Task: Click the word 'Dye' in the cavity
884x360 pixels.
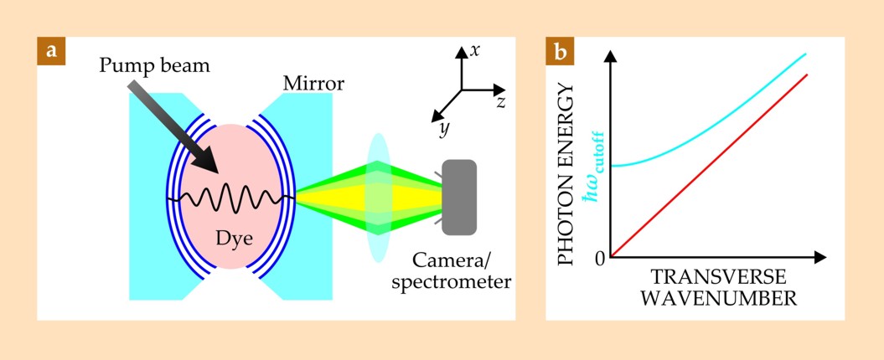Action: (x=236, y=236)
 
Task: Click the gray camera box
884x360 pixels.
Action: (x=459, y=197)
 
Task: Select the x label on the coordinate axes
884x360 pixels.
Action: (x=475, y=50)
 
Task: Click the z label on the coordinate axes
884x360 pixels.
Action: (x=500, y=101)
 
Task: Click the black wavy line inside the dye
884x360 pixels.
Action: (x=230, y=200)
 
